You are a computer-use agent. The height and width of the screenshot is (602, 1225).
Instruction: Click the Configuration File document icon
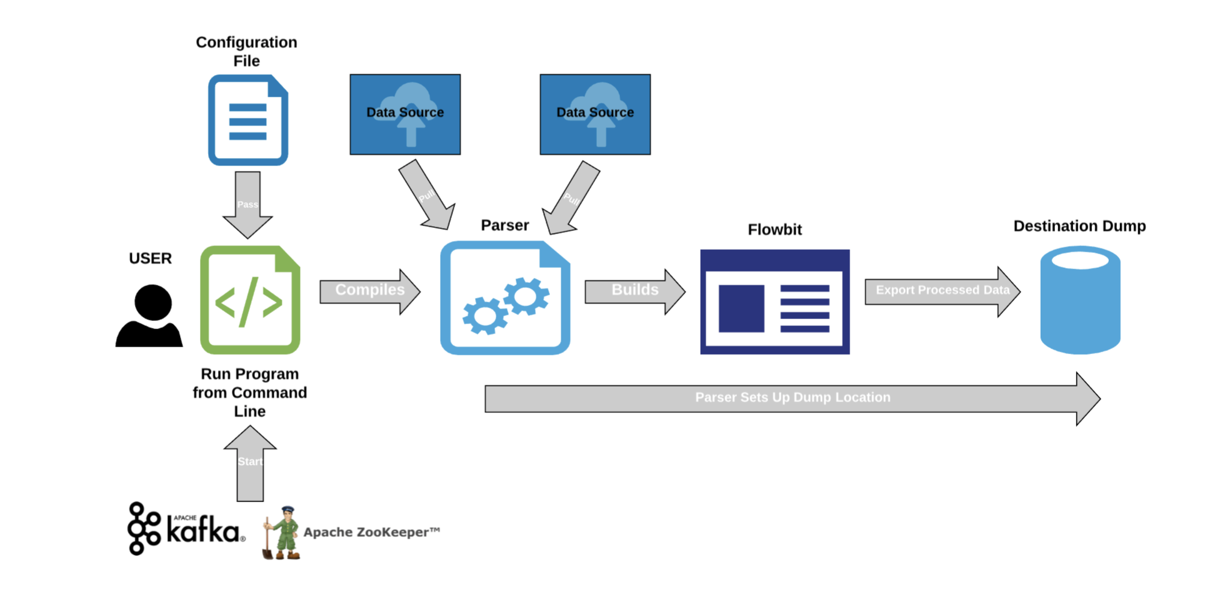coord(247,120)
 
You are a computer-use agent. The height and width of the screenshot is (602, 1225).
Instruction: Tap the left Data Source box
coord(405,114)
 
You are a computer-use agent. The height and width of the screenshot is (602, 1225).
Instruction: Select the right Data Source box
coord(595,114)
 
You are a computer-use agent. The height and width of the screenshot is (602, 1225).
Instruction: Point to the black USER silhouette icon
coord(149,316)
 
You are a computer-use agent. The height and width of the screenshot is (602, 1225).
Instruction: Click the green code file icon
coord(250,300)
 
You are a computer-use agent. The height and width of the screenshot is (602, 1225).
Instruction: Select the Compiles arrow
coord(369,291)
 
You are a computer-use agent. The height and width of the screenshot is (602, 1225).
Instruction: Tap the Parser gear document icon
coord(505,299)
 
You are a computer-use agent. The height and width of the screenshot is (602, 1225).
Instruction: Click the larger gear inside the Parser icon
coord(485,315)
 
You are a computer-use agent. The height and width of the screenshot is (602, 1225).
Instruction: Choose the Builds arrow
coord(634,291)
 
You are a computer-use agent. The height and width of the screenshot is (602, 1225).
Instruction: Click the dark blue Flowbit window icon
coord(774,302)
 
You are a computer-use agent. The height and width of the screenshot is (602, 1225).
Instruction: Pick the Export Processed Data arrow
coord(942,291)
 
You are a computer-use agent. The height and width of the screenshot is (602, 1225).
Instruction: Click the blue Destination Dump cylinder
coord(1080,300)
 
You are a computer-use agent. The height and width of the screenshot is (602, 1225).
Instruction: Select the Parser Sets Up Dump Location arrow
coord(792,398)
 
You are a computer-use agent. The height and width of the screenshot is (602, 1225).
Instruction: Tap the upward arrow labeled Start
coord(250,463)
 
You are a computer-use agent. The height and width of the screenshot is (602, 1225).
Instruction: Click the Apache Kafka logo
coord(186,529)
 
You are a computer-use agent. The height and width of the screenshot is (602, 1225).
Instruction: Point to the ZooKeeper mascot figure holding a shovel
coord(282,533)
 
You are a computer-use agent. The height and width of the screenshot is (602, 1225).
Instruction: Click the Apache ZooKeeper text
coord(371,532)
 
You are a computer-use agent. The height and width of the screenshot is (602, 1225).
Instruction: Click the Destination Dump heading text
coord(1079,226)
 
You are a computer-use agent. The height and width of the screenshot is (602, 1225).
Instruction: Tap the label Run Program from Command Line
coord(250,392)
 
